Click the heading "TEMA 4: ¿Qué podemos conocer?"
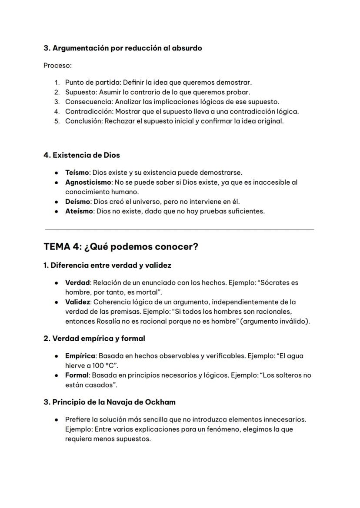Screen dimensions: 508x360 (121, 247)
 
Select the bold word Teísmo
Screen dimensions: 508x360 (77, 173)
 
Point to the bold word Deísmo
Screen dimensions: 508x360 (77, 202)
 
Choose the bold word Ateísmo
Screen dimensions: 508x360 (79, 211)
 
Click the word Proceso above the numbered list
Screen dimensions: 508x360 (57, 66)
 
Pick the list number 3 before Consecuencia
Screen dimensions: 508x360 (57, 102)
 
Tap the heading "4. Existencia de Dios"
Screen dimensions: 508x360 (82, 155)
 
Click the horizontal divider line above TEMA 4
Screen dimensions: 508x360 (179, 229)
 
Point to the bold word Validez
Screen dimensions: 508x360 (77, 302)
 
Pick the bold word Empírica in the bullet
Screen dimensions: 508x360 (80, 356)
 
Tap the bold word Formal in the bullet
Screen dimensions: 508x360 (77, 375)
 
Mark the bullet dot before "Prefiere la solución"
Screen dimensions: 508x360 (57, 420)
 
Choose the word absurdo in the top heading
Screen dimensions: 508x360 (189, 48)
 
